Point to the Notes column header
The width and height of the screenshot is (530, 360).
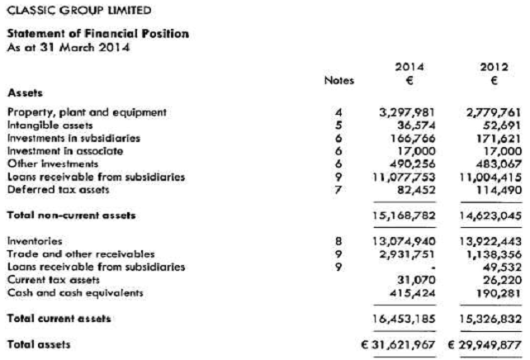click(x=337, y=80)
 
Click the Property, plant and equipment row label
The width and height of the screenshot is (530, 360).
click(x=87, y=111)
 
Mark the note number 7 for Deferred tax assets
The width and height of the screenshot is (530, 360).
click(x=338, y=189)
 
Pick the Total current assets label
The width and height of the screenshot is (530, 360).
click(x=59, y=318)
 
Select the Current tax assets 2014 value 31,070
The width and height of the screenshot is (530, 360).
click(x=414, y=280)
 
